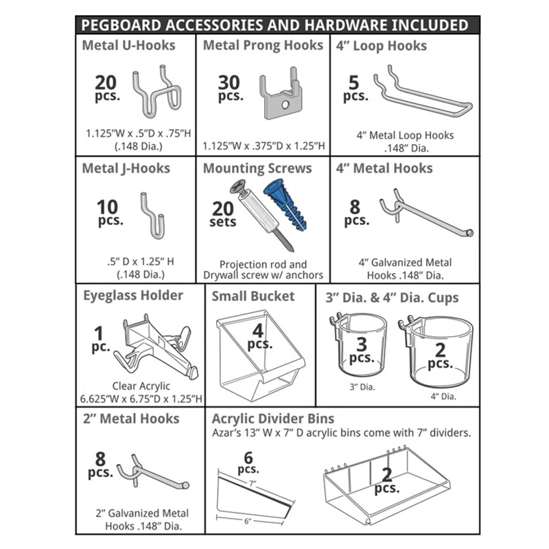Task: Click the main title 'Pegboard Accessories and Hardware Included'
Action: tap(274, 25)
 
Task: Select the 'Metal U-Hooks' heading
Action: tap(128, 46)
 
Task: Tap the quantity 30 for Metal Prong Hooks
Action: tap(229, 82)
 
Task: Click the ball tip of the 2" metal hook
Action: tap(186, 485)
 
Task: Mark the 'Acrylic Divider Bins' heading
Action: tap(273, 419)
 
